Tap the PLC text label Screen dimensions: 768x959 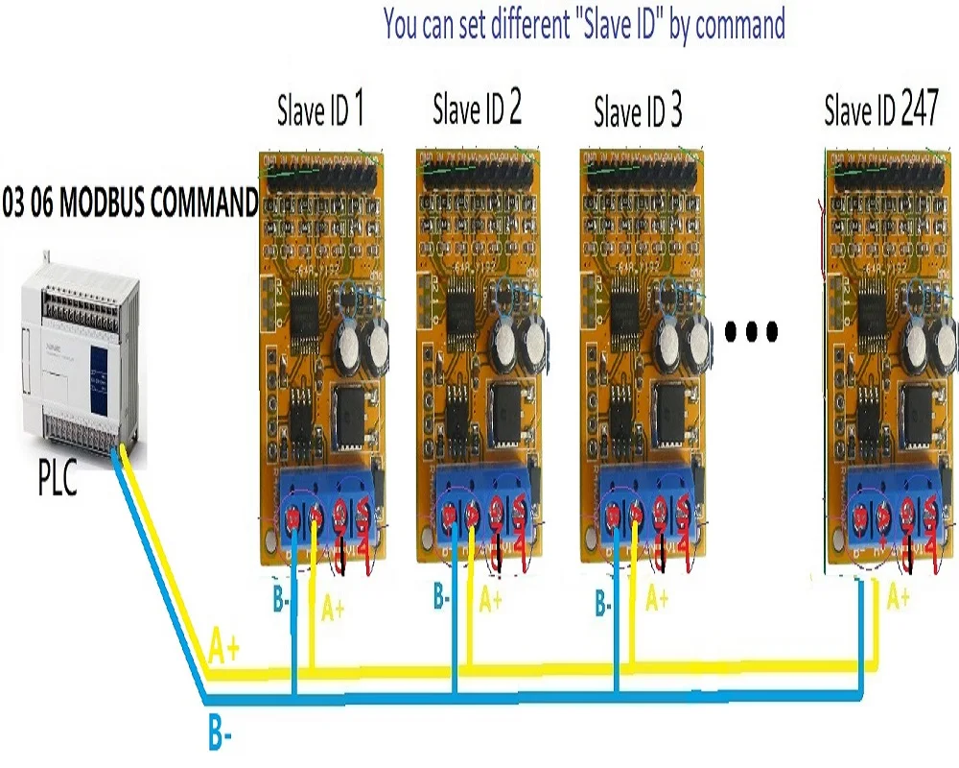[x=58, y=478]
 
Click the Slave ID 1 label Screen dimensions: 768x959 [x=320, y=111]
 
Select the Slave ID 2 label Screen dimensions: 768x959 [x=477, y=110]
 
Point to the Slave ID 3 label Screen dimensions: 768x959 [x=638, y=113]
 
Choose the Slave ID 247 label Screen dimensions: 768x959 [x=881, y=111]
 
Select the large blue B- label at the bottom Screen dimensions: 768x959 [x=222, y=734]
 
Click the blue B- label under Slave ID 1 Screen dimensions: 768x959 [x=281, y=602]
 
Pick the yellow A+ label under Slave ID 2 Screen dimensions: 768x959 [x=490, y=601]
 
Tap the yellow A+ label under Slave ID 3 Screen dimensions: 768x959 [x=656, y=600]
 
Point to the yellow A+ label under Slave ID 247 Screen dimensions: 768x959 [x=898, y=599]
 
